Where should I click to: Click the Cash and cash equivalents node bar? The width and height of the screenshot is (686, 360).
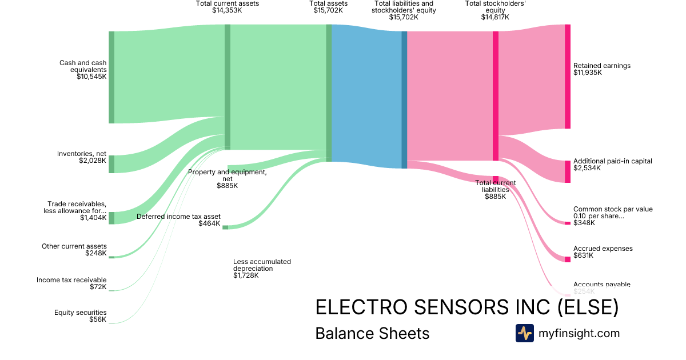tap(111, 77)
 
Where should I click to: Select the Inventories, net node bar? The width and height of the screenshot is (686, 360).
tap(111, 164)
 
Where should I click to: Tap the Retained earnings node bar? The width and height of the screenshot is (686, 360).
tap(568, 77)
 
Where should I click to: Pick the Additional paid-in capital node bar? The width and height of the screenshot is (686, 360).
tap(568, 171)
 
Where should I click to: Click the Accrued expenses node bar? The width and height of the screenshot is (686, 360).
tap(568, 259)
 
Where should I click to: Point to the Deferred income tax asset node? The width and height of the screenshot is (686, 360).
tap(225, 227)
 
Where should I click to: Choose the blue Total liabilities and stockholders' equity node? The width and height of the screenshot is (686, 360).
tap(404, 99)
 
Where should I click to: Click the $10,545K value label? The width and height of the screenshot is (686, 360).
tap(91, 77)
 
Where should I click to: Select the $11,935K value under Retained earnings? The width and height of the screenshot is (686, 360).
tap(588, 73)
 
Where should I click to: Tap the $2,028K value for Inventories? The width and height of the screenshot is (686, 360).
tap(93, 161)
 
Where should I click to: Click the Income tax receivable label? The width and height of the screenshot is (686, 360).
tap(71, 280)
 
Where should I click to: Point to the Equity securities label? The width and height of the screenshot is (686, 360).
tap(80, 313)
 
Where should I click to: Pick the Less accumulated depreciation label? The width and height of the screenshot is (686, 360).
tap(262, 265)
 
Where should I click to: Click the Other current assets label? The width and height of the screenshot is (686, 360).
tap(74, 246)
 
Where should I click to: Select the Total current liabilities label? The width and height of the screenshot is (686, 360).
tap(495, 186)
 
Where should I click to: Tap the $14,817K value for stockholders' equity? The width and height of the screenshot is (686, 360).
tap(495, 17)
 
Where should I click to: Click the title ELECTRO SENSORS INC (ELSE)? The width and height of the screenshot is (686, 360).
tap(467, 307)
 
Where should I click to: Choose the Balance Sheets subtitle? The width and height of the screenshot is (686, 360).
tap(372, 333)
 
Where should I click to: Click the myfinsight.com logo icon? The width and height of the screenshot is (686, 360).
tap(524, 333)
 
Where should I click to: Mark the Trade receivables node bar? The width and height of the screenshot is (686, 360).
tap(111, 218)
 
